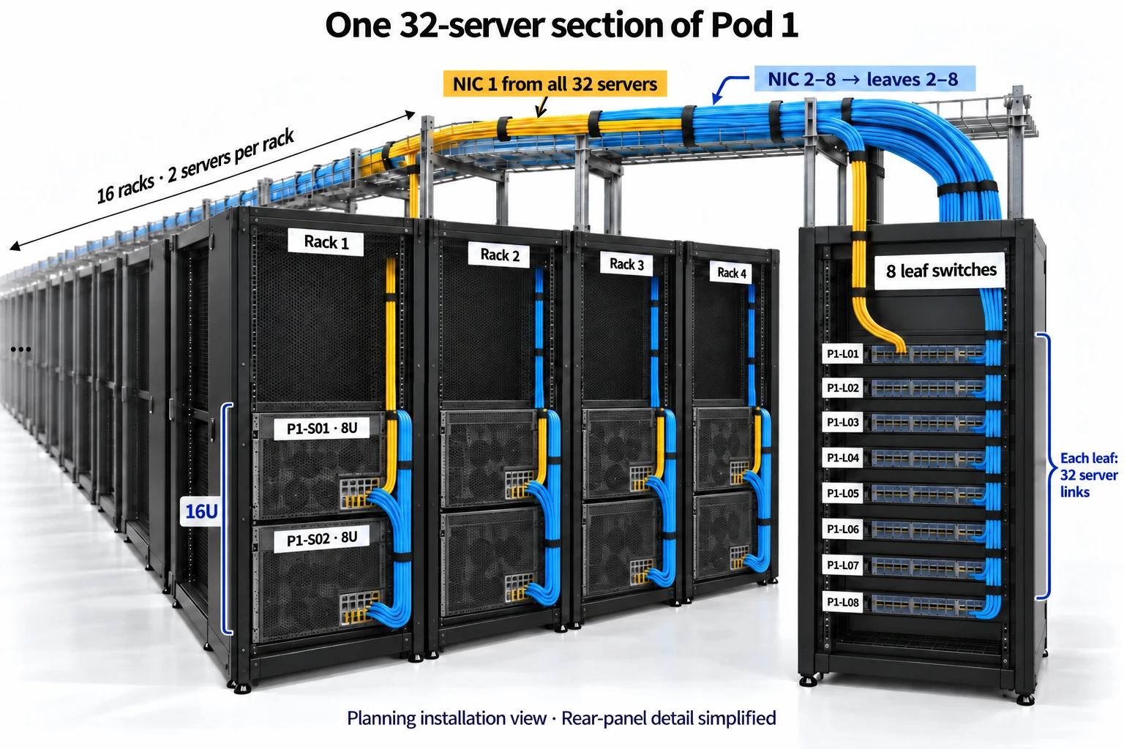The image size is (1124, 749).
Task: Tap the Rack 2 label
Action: point(499,255)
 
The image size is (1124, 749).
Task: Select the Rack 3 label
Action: point(626,264)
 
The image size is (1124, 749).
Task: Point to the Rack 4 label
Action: point(731,272)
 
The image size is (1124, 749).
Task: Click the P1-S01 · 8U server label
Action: point(322,429)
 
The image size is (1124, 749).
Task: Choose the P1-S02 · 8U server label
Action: point(322,539)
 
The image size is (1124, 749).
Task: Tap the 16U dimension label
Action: point(201,512)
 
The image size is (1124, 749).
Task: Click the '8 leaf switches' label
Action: point(940,271)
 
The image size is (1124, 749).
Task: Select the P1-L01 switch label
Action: point(842,354)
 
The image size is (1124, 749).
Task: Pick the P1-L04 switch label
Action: point(842,458)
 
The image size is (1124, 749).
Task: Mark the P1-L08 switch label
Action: point(842,602)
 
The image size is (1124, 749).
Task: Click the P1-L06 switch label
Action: point(842,530)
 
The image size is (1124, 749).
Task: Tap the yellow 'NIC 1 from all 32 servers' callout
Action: point(555,84)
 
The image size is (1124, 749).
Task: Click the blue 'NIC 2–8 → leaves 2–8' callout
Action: point(864,79)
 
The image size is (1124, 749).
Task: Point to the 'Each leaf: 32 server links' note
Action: point(1088,475)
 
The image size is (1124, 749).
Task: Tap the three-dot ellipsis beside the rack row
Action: point(20,349)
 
